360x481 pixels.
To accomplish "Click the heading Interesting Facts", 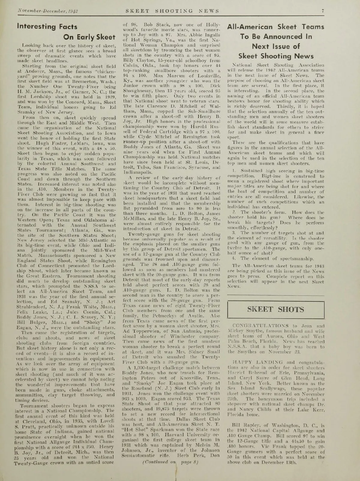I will coord(47,26).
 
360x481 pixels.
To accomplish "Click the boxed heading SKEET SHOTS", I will coord(276,309).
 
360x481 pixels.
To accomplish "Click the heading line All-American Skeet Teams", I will coord(276,27).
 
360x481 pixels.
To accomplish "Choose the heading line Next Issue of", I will coord(276,46).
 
